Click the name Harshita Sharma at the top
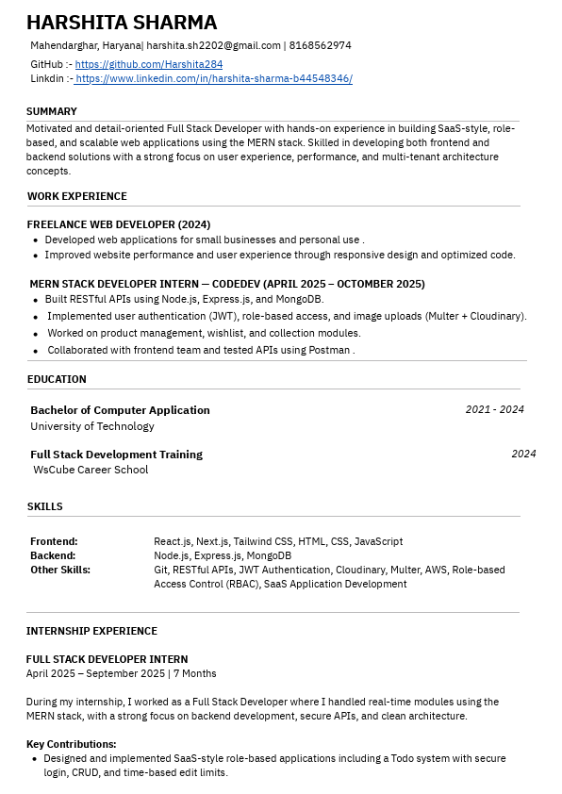(x=122, y=23)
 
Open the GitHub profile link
(x=149, y=64)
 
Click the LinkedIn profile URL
(x=213, y=79)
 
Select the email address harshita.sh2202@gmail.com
(x=213, y=45)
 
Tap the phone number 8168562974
(x=320, y=45)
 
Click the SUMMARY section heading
(x=52, y=111)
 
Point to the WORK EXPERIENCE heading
(x=76, y=196)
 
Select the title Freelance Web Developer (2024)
(x=119, y=224)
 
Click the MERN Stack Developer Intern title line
(x=226, y=284)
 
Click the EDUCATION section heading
(x=57, y=379)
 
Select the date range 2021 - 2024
(x=494, y=409)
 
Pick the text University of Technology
(x=92, y=426)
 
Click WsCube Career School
(x=91, y=470)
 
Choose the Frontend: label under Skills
(x=54, y=541)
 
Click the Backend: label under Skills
(x=53, y=555)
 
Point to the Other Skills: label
(x=60, y=570)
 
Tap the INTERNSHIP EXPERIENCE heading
(x=91, y=631)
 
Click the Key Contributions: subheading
(x=72, y=744)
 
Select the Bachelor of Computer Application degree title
(x=120, y=410)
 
